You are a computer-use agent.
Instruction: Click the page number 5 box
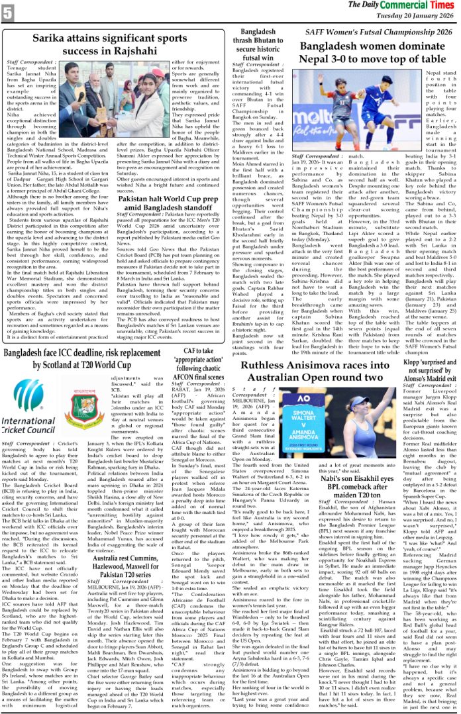(x=9, y=11)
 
